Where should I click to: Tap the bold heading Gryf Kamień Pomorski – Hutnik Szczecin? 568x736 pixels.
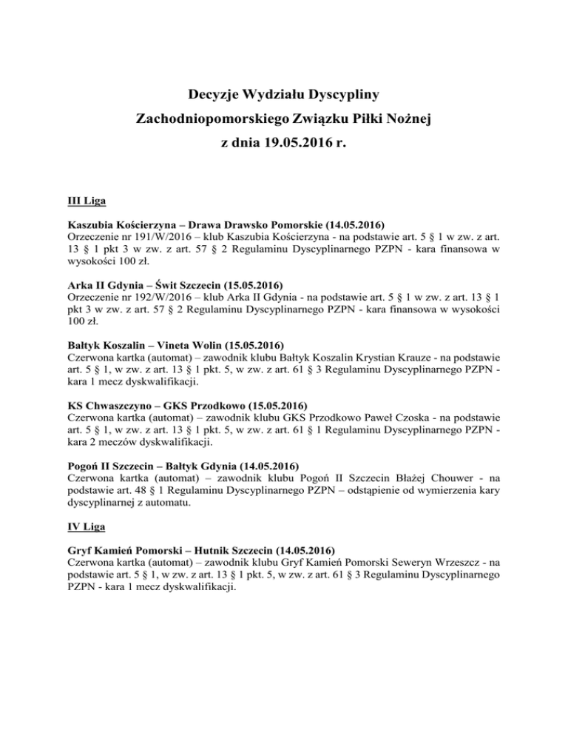(200, 551)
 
